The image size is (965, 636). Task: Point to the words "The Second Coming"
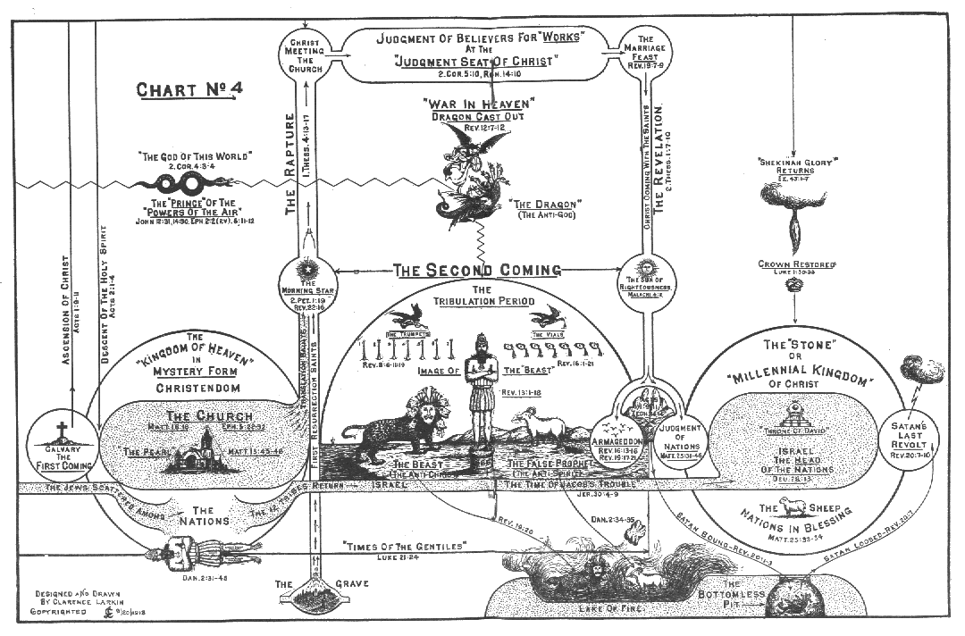pos(478,269)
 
